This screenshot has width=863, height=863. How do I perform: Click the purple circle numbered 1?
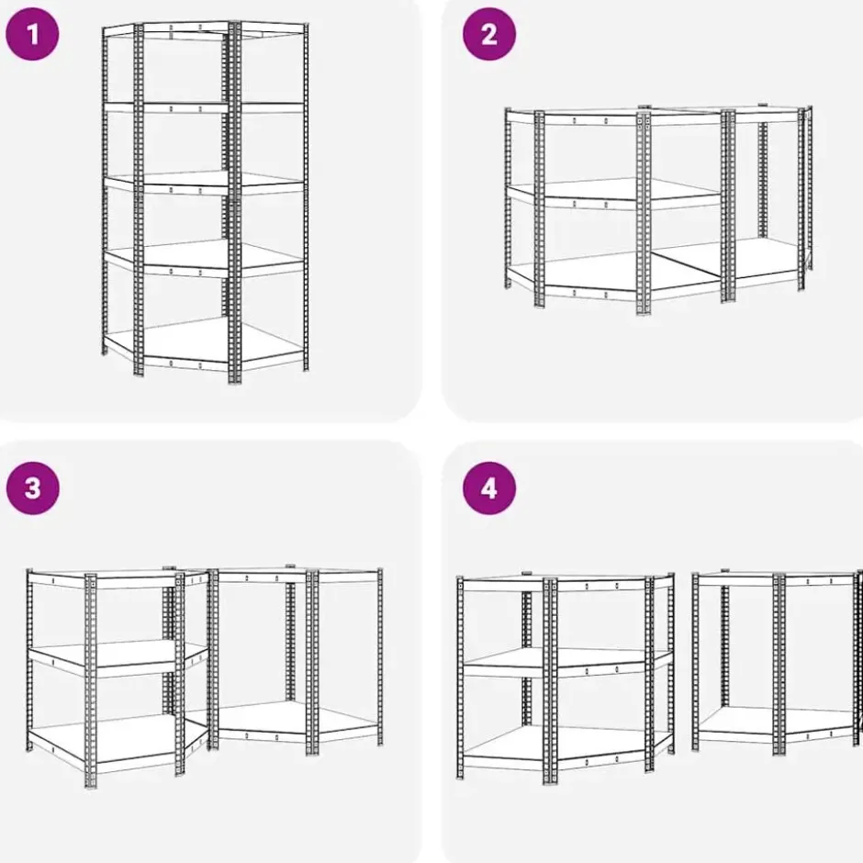tap(32, 34)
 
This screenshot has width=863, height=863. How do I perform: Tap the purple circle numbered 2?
tap(489, 34)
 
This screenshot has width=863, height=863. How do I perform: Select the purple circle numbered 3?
tap(32, 488)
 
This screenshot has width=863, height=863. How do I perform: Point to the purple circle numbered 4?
tap(489, 488)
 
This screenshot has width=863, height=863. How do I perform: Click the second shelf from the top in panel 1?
tap(203, 107)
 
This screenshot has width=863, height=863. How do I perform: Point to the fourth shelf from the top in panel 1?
tap(203, 258)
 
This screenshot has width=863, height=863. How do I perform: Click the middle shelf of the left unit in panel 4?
tap(566, 660)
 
